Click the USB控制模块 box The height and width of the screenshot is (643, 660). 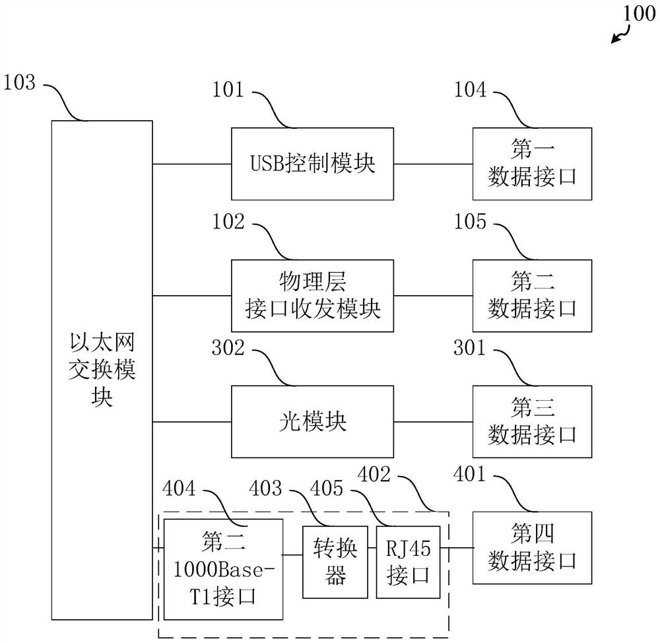tap(312, 164)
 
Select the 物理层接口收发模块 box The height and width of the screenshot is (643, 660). tap(312, 295)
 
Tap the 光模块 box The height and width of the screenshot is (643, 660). tap(312, 421)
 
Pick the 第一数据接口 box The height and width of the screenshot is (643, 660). tap(532, 164)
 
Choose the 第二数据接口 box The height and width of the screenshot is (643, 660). tap(532, 295)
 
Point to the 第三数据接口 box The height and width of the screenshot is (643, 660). tap(532, 421)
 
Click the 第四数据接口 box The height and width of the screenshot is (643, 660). tap(532, 547)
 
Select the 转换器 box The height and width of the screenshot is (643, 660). tap(335, 562)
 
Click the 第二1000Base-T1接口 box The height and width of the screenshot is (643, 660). tap(222, 569)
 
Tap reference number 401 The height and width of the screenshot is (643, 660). tap(470, 474)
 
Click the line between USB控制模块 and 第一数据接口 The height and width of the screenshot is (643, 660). tap(433, 164)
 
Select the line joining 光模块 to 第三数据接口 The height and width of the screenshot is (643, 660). tap(433, 421)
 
